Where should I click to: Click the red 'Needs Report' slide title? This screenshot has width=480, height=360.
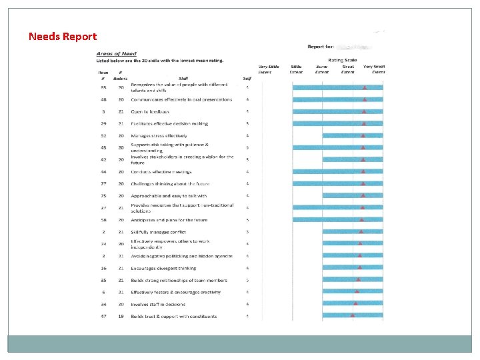[63, 37]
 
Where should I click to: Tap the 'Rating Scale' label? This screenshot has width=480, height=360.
[342, 60]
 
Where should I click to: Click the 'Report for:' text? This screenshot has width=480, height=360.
[320, 47]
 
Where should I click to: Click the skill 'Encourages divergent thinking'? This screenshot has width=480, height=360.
[163, 268]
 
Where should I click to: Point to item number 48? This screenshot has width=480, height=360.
[103, 99]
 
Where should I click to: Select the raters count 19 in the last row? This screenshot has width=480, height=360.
[121, 316]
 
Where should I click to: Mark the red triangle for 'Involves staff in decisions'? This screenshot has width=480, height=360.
[355, 304]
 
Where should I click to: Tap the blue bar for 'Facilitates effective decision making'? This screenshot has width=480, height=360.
[338, 123]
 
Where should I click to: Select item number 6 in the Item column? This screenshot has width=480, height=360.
[103, 292]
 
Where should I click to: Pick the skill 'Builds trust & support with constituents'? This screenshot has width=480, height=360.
[173, 316]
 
